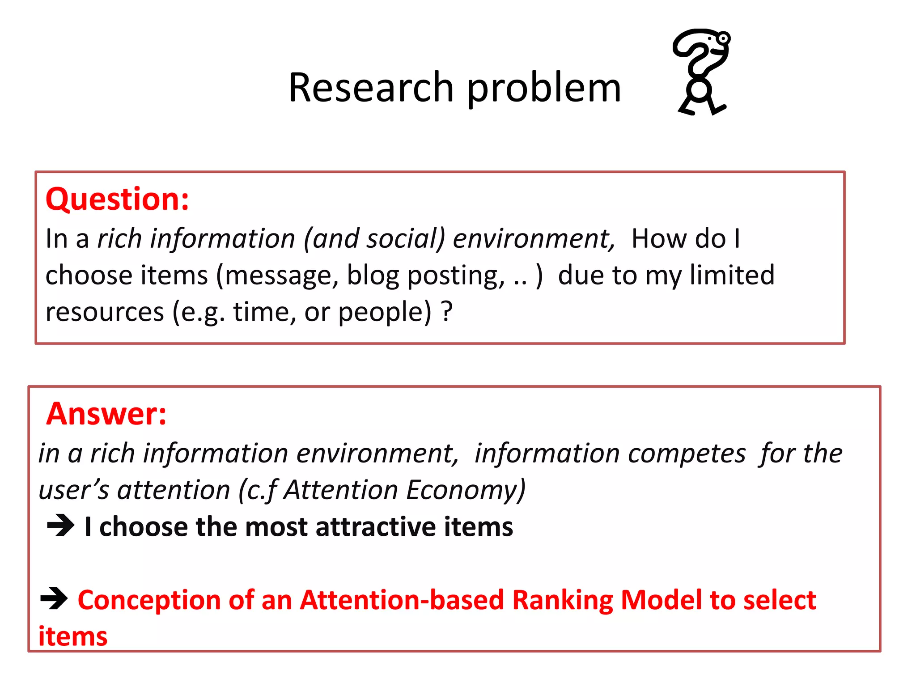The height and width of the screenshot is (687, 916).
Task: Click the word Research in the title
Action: click(371, 88)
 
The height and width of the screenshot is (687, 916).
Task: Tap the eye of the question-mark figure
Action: click(723, 39)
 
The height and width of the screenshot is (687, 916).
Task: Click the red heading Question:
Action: click(117, 199)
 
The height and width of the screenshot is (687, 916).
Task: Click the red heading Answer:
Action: click(106, 414)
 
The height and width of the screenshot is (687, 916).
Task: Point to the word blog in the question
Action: click(373, 275)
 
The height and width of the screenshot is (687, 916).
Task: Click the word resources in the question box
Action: click(105, 312)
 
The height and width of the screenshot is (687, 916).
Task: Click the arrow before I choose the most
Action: click(60, 526)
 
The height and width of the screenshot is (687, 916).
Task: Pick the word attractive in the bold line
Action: click(375, 526)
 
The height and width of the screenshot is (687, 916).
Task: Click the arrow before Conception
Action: click(54, 599)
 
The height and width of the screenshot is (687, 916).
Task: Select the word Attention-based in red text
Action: click(401, 600)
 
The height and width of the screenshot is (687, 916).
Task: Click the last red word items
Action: click(73, 636)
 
